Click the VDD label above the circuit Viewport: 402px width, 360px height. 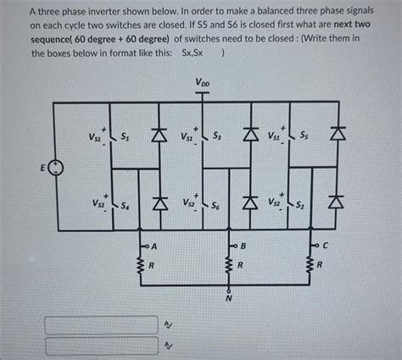point(204,83)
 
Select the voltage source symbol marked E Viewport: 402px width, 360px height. point(55,169)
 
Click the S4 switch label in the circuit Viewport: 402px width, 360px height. point(126,205)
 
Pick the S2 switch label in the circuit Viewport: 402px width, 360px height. point(311,205)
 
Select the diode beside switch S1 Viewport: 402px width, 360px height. point(156,136)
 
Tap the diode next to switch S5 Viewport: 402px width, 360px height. point(339,136)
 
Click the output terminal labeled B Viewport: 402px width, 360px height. point(243,246)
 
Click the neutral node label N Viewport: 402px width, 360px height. point(227,300)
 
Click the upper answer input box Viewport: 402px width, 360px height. point(101,324)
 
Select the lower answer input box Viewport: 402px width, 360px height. point(101,345)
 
